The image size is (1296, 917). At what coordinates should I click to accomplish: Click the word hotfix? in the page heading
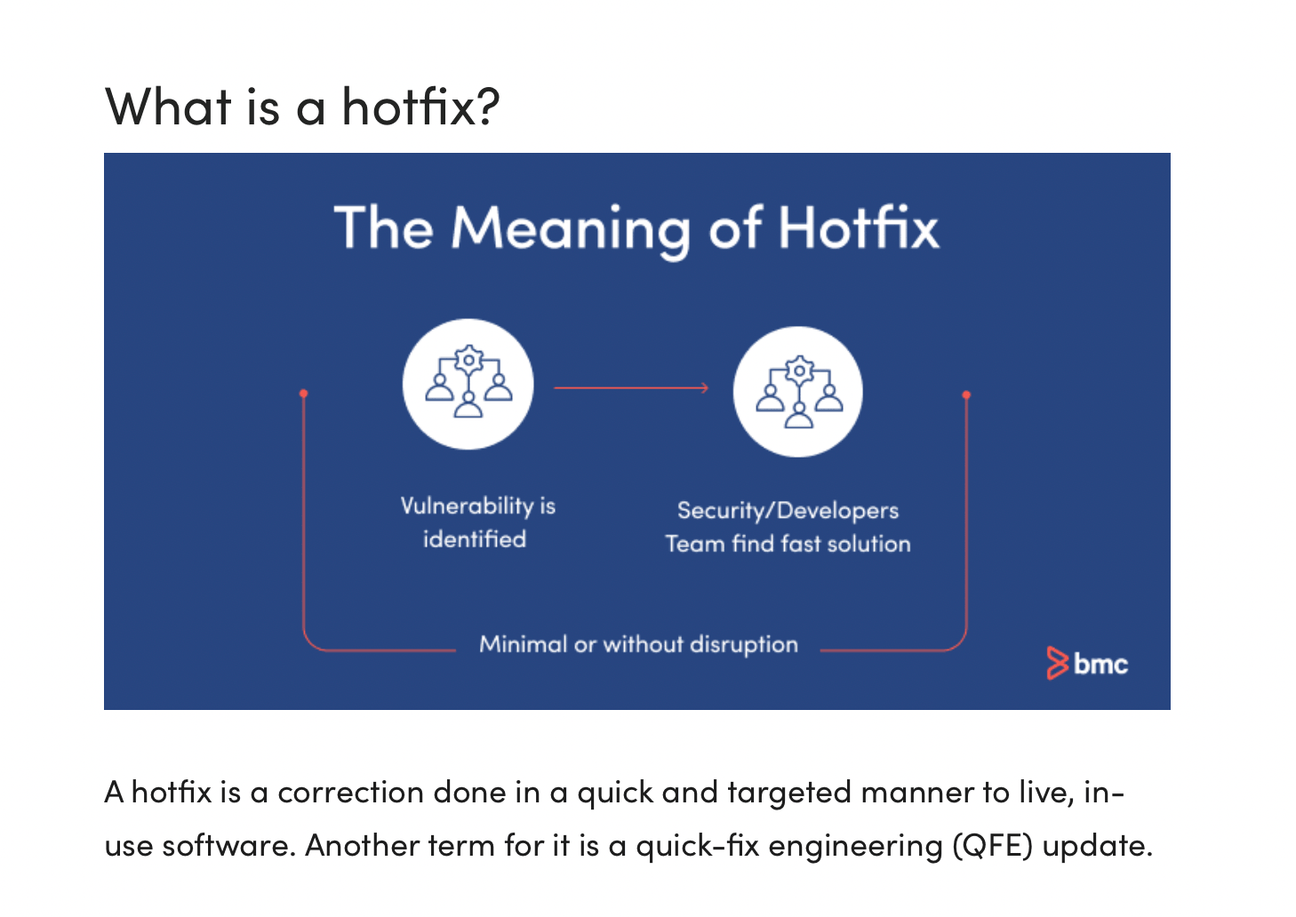point(421,107)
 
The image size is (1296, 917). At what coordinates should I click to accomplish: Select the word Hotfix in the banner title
point(858,228)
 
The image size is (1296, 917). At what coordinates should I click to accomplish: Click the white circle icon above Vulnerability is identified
point(468,384)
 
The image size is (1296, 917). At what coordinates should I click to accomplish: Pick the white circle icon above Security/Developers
point(797,392)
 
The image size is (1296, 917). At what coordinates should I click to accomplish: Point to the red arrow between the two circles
point(631,387)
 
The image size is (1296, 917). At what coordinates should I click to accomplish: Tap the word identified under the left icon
point(475,539)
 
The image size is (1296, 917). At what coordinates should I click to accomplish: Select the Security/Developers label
point(788,510)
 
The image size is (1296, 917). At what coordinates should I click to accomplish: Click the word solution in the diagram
point(868,544)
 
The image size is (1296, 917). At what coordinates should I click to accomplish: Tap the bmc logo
point(1087,663)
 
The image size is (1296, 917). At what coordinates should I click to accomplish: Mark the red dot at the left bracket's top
point(304,393)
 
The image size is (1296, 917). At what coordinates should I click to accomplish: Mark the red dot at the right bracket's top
point(966,395)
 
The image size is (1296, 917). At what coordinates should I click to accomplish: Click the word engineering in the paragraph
point(854,845)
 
